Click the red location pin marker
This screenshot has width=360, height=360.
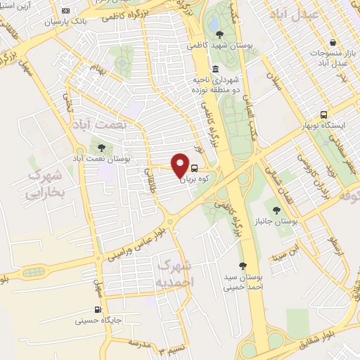pos(179,165)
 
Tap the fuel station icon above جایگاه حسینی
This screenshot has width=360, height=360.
pos(98,309)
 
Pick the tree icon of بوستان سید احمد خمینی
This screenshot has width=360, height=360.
pos(243,266)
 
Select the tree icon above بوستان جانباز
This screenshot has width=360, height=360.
pos(276,209)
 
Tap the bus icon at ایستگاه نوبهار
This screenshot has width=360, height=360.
pos(323,114)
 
